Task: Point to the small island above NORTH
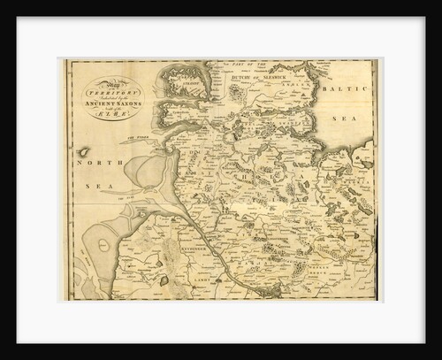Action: click(83, 151)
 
